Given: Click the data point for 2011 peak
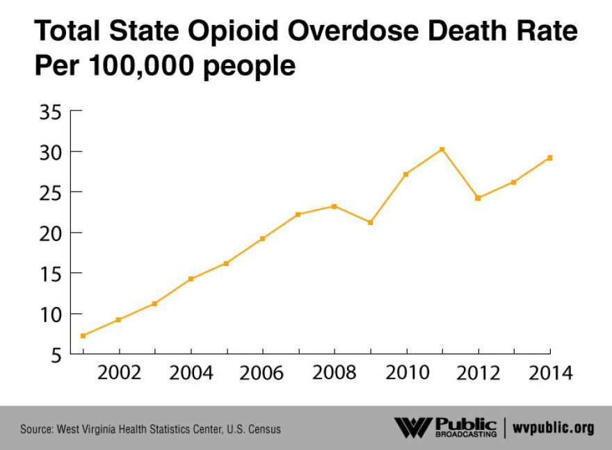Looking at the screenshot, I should pos(442,149).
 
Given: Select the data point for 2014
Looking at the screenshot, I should pos(550,158).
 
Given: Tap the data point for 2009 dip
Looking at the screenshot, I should pos(370,222).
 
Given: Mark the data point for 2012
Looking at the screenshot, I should pos(478,198).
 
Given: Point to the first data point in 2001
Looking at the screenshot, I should pos(83,335).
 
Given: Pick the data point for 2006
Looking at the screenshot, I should pos(262,238).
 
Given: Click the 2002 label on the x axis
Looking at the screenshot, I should pos(119,373).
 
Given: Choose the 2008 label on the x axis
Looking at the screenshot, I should pos(335,373).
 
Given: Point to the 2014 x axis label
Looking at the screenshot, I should pos(549,373).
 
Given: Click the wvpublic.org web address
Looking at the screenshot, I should pos(554,428).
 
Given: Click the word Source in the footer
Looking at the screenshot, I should pos(35,429).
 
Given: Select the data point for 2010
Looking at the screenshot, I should pos(405,174).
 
